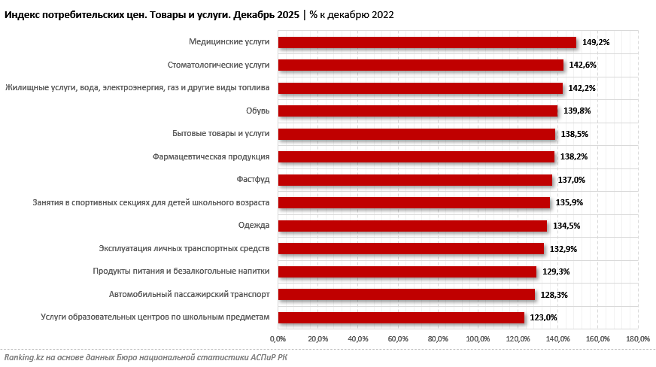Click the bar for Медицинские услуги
coord(427,43)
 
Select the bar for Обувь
coord(418,111)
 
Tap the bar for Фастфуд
coord(415,180)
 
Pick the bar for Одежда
coord(412,226)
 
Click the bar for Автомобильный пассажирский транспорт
coord(406,294)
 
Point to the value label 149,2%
coord(595,43)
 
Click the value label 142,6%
coord(582,65)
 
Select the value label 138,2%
coord(573,157)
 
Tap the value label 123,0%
coord(543,317)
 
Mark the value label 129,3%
coord(555,271)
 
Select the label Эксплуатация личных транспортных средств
coord(184,248)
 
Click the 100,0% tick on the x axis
coord(478,339)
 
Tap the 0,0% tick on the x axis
coord(278,339)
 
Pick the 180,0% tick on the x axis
coord(638,339)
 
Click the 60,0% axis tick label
coord(398,339)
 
